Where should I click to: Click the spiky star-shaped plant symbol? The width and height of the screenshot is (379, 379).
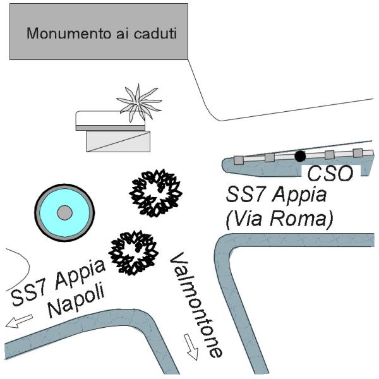pos(139,102)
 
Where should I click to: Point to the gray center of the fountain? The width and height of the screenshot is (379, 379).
pos(64,213)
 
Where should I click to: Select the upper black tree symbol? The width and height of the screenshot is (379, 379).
pos(155,192)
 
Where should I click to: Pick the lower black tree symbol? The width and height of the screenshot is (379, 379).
pos(133,253)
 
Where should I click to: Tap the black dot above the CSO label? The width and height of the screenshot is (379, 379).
pos(300,156)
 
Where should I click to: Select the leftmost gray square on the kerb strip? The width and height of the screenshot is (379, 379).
pos(238,160)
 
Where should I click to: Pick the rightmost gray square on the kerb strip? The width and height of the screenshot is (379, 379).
pos(358,153)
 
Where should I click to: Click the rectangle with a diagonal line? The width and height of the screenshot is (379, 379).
pos(118,141)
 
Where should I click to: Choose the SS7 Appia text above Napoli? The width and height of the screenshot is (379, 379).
pos(58,284)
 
